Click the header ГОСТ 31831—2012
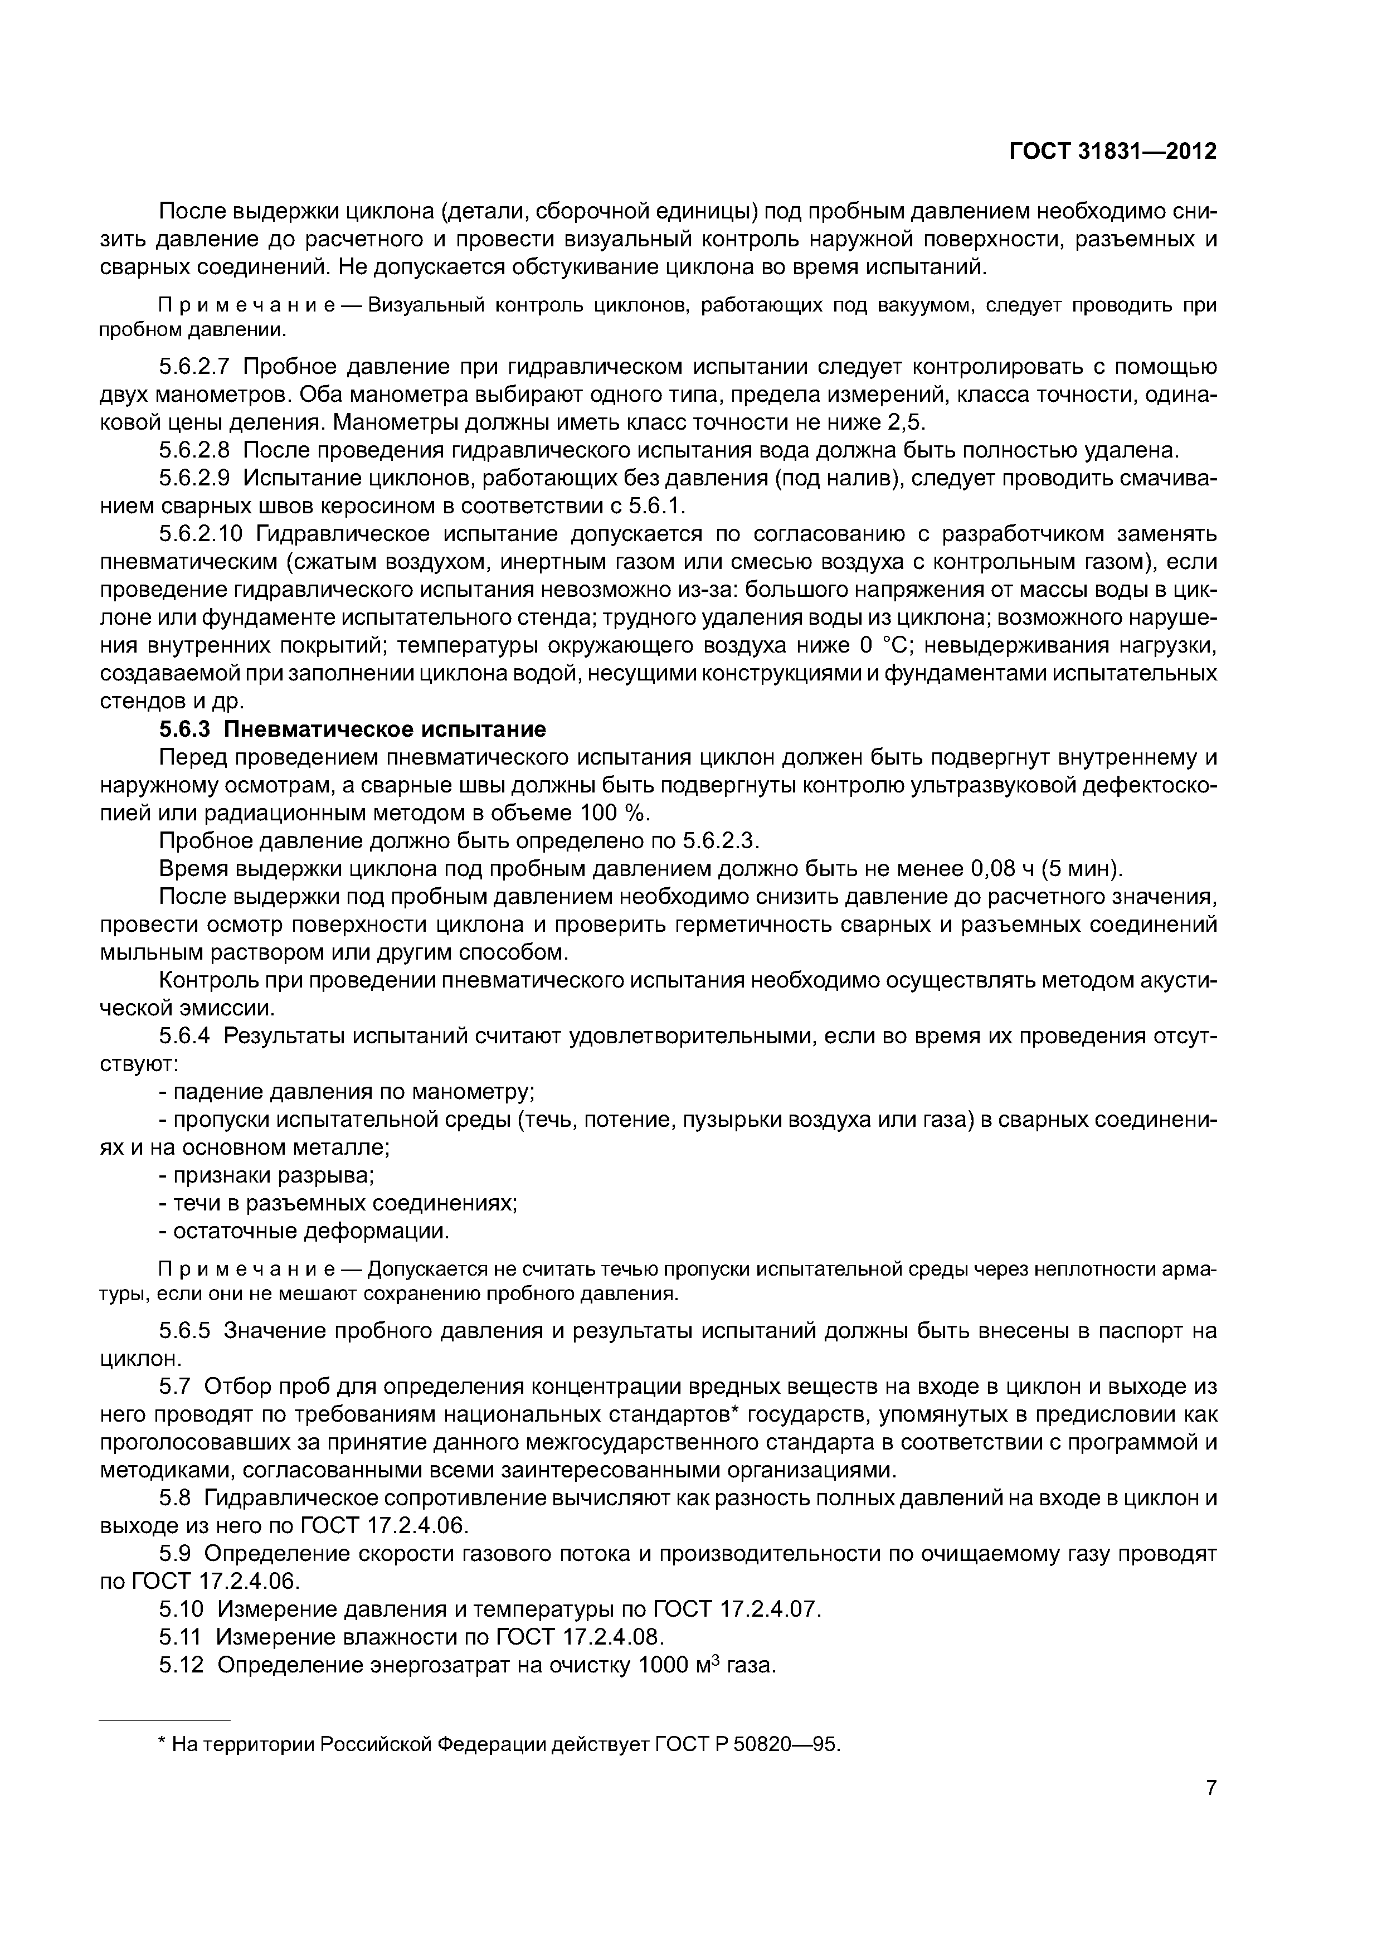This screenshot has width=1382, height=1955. (1112, 152)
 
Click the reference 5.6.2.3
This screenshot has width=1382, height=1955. (721, 842)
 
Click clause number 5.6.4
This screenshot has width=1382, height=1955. (187, 1036)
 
